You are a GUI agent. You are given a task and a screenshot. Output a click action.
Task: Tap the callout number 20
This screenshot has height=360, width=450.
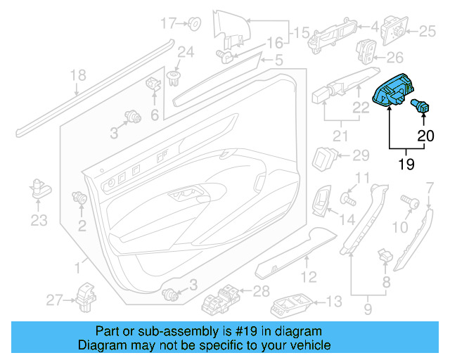coord(427,136)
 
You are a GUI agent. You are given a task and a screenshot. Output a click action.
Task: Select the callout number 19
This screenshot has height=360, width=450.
coord(407,164)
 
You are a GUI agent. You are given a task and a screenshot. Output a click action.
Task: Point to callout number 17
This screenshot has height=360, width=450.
coord(167,24)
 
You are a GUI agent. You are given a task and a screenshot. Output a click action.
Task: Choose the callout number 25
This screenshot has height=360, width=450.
coord(428,31)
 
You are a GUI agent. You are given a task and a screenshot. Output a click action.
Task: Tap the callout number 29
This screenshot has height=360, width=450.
coord(359,155)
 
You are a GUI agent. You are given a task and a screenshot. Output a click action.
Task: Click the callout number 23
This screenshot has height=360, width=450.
coord(37,220)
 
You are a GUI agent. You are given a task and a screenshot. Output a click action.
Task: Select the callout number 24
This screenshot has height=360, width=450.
coord(185,51)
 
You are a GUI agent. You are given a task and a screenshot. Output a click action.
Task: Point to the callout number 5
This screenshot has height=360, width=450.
coord(278,62)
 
